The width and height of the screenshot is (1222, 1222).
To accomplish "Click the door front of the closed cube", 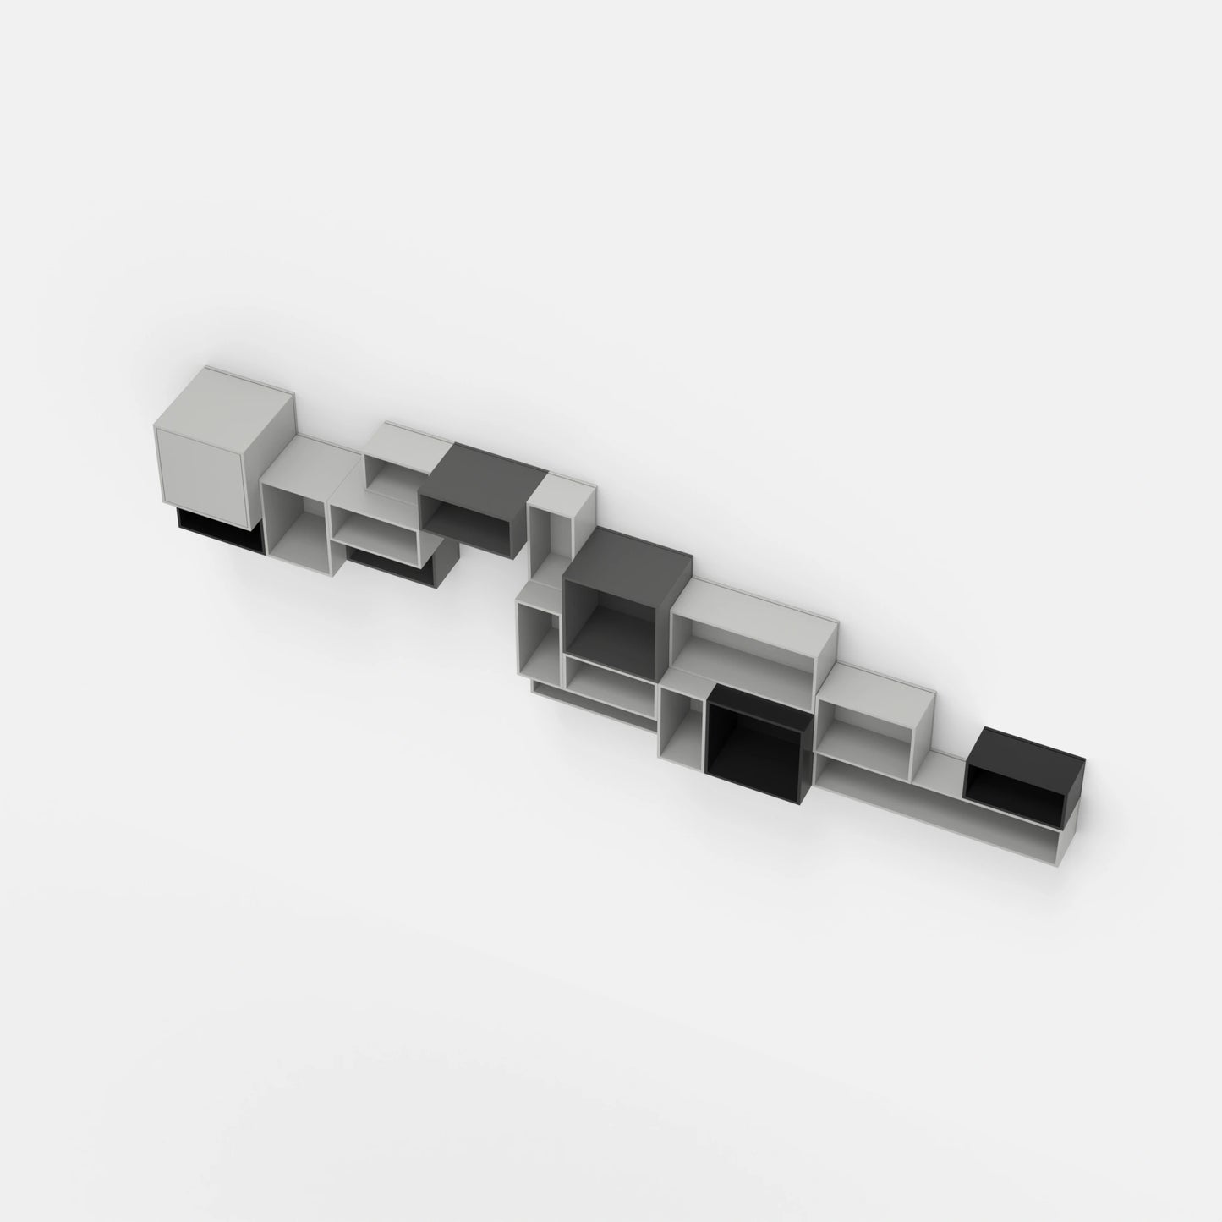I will pos(199,470).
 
